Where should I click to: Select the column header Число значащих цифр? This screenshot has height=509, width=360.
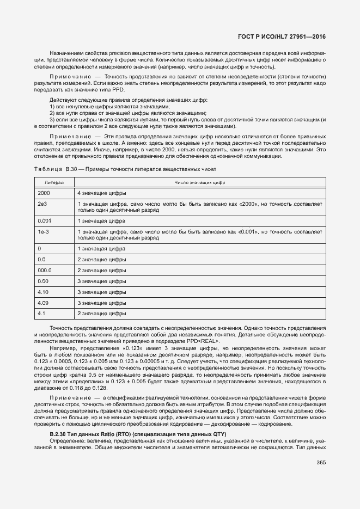point(199,182)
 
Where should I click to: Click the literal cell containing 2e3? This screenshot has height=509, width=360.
point(42,203)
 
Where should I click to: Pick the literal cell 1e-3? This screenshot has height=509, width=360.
point(43,231)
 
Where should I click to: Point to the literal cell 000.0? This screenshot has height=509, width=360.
point(45,270)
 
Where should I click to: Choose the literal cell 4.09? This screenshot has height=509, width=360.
point(43,302)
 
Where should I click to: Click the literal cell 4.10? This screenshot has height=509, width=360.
point(43,291)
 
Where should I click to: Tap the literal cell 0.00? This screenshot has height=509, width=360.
point(43,281)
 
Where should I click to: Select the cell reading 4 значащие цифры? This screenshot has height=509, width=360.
point(102,193)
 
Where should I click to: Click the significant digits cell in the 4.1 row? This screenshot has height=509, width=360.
point(102,313)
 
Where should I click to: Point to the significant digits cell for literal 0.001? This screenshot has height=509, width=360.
point(101,220)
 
